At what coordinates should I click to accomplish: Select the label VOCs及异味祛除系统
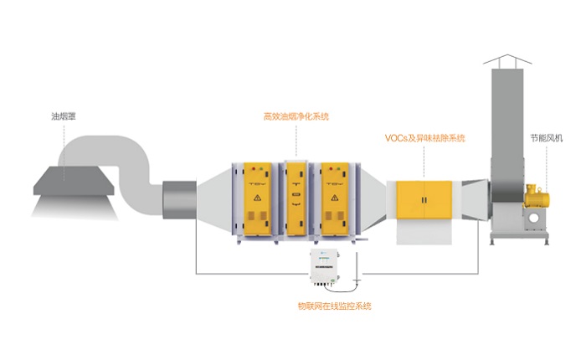point(424,137)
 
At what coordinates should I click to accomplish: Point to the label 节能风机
point(545,138)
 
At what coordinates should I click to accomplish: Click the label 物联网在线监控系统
point(334,306)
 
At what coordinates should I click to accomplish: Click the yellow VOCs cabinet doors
point(424,202)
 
